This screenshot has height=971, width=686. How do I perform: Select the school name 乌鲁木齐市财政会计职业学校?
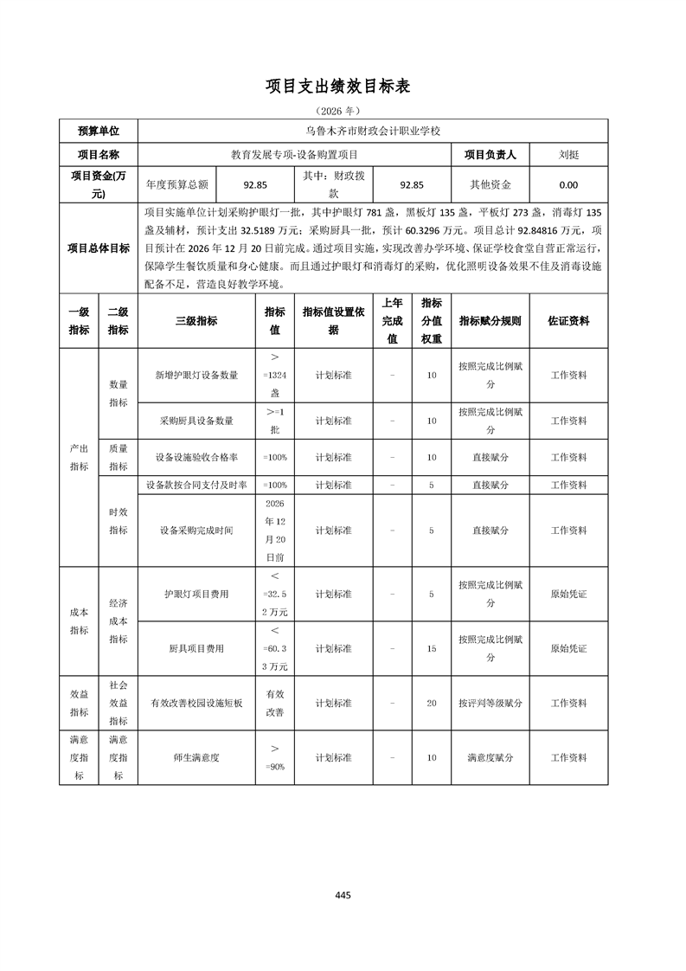pos(373,131)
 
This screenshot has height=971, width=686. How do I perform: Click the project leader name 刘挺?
pos(568,155)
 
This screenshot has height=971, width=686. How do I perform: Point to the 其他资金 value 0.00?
pos(568,184)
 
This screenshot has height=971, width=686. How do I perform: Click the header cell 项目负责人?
pos(490,155)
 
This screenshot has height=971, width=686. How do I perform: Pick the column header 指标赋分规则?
pos(490,320)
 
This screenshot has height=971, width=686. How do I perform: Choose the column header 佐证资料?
pos(568,320)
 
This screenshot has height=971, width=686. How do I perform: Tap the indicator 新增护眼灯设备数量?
pos(196,376)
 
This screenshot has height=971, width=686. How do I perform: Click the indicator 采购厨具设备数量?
pos(196,421)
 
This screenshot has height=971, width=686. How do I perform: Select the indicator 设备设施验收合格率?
pos(196,457)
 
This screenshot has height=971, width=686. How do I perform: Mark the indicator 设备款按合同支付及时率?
pos(196,486)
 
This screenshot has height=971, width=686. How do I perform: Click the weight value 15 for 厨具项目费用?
pos(432,648)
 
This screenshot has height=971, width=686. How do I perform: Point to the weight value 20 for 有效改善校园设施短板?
pos(432,704)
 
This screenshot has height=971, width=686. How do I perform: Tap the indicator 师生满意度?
pos(196,757)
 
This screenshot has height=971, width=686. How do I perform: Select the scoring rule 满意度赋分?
pos(490,757)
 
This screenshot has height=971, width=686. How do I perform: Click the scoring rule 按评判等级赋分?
pos(490,704)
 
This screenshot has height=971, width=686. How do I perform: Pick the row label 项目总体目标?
pos(99,248)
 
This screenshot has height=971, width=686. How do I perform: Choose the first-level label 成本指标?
pos(79,621)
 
